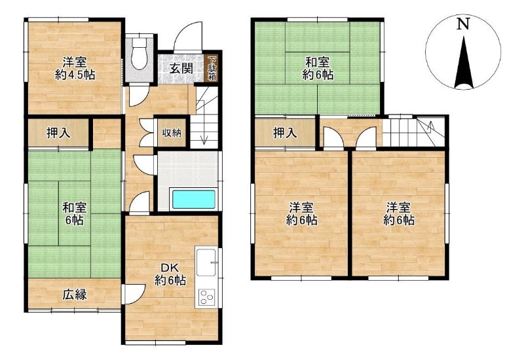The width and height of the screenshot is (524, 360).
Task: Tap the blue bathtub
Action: tap(193, 200)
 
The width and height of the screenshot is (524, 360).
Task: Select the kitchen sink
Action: tap(206, 262)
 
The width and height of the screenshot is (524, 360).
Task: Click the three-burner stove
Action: tap(206, 297)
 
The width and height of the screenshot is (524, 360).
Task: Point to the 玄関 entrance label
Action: tap(181, 69)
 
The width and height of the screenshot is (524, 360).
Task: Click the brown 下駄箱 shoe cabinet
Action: tap(212, 69)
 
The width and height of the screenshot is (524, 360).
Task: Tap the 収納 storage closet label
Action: tap(172, 133)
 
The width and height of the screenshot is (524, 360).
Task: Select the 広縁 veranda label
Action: tap(75, 295)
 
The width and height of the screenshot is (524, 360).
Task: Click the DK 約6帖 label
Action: tap(170, 274)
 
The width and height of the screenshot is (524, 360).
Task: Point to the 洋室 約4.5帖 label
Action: tap(75, 69)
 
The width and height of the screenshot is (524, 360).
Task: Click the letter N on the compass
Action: tap(463, 24)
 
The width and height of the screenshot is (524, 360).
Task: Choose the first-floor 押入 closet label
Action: tap(58, 133)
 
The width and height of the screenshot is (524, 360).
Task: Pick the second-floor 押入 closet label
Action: tap(285, 133)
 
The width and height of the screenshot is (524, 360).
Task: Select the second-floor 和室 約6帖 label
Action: tap(318, 69)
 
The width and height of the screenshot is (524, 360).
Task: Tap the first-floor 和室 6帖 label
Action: tap(75, 214)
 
